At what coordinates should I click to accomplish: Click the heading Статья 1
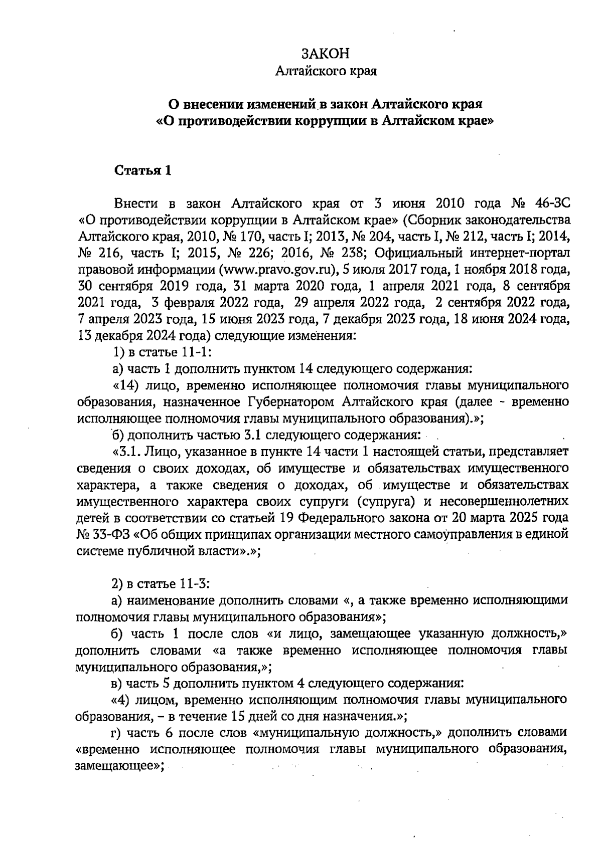coord(143,171)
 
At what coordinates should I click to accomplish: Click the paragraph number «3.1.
coord(125,452)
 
